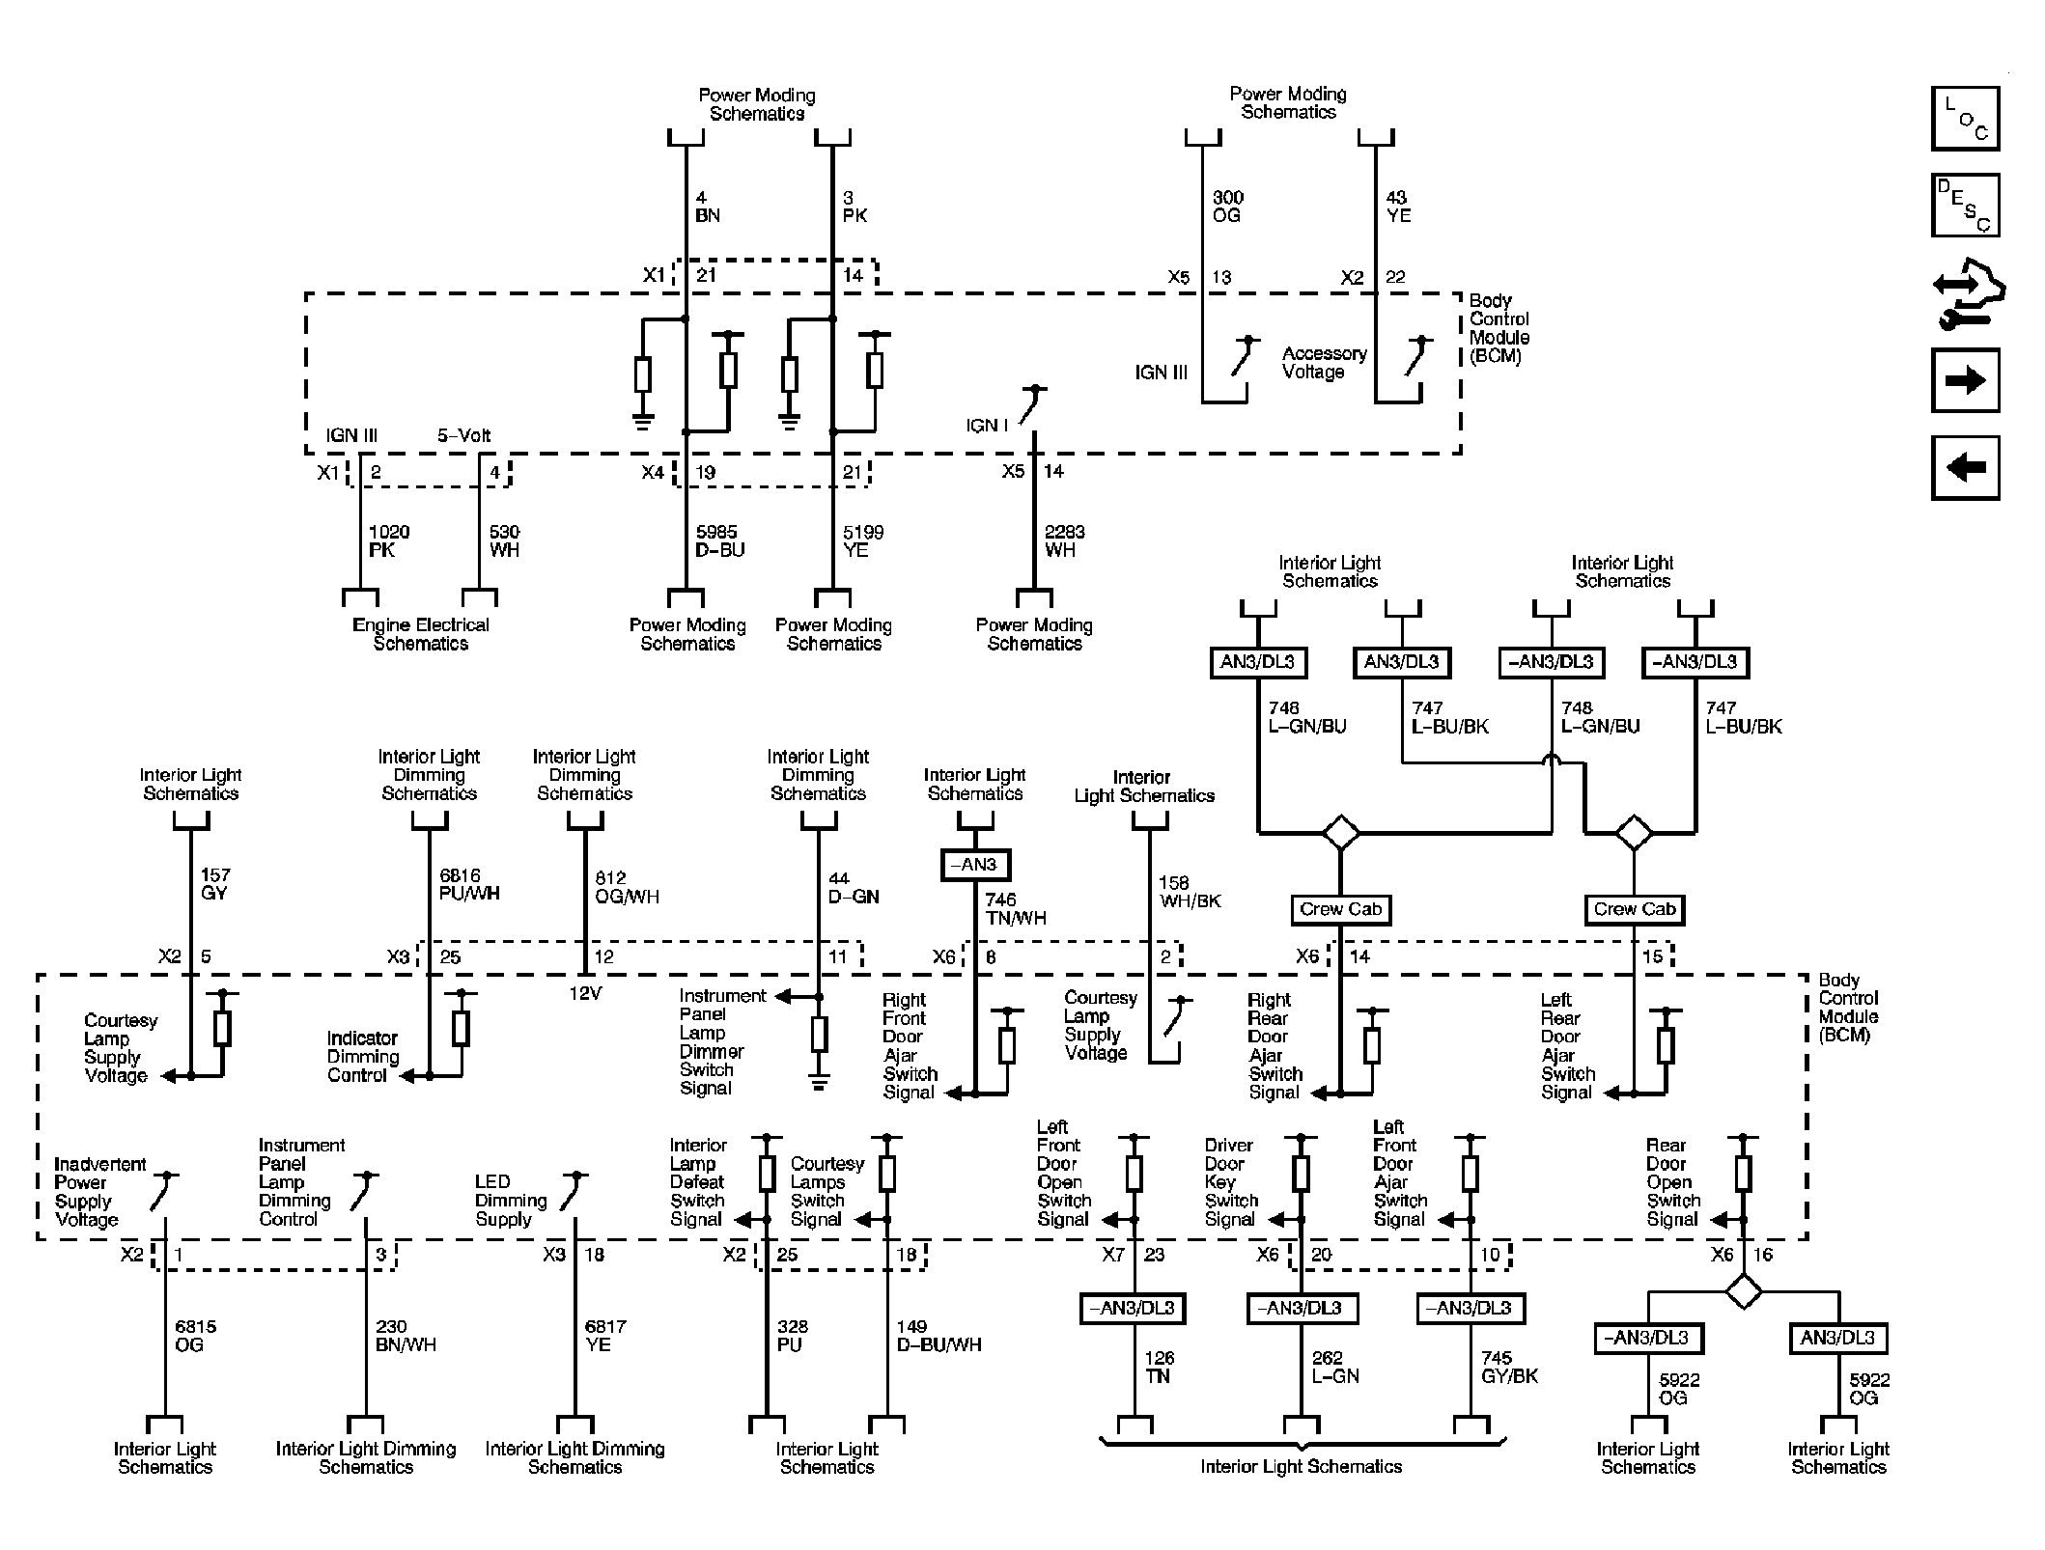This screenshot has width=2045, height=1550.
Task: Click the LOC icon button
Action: [x=1964, y=119]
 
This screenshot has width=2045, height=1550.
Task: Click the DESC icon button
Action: [x=1964, y=206]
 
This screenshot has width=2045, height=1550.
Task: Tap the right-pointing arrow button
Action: [x=1964, y=380]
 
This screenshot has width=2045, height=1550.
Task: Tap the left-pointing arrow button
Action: [x=1964, y=468]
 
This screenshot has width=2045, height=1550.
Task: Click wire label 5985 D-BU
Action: [x=719, y=541]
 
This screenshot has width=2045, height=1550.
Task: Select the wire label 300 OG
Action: [x=1227, y=207]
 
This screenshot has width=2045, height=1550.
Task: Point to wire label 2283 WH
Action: [x=1064, y=541]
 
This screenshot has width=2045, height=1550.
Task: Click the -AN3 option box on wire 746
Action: [x=974, y=865]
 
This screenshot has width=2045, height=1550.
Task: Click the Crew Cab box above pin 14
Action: [x=1340, y=909]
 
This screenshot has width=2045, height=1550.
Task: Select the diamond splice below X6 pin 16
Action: [x=1743, y=1291]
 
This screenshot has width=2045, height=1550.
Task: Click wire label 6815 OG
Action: [x=195, y=1336]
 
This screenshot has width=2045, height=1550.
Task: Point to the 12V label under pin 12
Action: [x=584, y=993]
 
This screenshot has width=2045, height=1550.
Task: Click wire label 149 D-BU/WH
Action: [x=937, y=1336]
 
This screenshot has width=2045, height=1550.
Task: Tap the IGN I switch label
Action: [x=987, y=426]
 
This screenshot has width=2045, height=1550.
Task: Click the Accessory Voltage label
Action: [x=1323, y=363]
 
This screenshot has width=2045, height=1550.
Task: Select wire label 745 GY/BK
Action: [x=1508, y=1367]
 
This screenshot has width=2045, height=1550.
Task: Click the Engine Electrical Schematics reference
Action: [x=420, y=634]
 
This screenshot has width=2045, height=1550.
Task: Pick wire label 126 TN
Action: [x=1159, y=1367]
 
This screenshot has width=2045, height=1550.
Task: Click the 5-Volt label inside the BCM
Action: [x=463, y=436]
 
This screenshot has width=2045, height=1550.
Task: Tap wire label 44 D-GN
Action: [x=854, y=887]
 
